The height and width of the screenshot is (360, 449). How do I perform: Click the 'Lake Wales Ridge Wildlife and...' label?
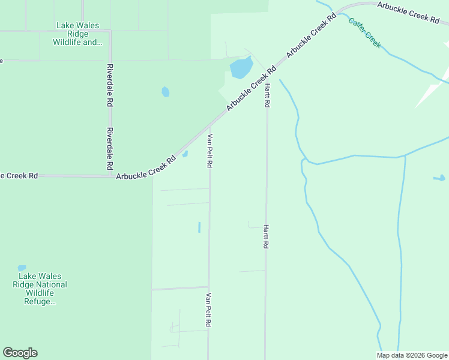(x=77, y=34)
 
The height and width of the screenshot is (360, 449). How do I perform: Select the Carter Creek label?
(x=364, y=32)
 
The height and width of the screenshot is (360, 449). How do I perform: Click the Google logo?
(x=20, y=352)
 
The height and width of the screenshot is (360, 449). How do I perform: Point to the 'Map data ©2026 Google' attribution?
(x=412, y=355)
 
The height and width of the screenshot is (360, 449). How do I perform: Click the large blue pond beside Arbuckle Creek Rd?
(x=241, y=68)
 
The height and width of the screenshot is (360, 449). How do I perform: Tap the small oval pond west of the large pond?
(x=165, y=92)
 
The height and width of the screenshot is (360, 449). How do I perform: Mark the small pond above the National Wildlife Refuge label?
(x=22, y=268)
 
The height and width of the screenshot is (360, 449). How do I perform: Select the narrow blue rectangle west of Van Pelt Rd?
(x=199, y=227)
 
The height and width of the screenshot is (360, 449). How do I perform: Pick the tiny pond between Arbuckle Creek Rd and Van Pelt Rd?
(x=185, y=154)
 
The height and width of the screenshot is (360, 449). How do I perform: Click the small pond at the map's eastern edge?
(x=439, y=178)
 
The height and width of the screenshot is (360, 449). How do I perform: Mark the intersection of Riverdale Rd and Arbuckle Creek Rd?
(x=110, y=176)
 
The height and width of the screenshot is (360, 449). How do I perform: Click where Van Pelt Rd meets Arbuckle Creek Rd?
(x=209, y=128)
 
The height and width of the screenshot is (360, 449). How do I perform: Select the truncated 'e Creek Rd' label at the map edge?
(x=19, y=176)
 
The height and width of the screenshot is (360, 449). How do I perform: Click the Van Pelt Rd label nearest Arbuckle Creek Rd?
(x=209, y=151)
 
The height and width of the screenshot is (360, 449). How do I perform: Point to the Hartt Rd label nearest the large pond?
(x=267, y=95)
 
